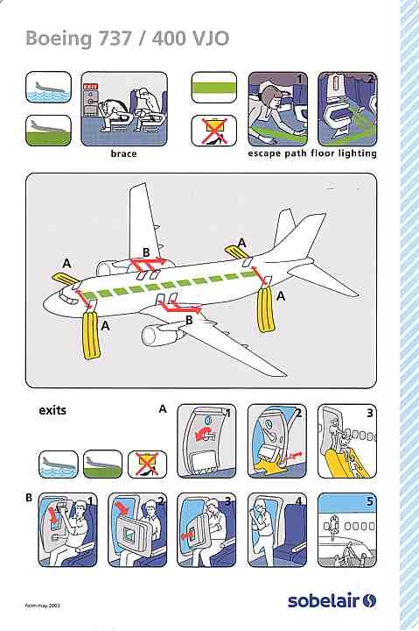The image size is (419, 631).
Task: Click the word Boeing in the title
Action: coord(59,39)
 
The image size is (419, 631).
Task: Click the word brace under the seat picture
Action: coord(123,153)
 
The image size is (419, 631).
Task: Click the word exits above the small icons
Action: coord(52,410)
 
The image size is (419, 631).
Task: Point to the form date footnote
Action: coord(42,606)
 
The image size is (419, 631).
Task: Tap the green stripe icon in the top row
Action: coord(213,88)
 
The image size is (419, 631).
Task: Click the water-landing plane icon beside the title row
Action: coord(48,87)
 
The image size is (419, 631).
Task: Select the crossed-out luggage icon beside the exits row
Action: coord(147,464)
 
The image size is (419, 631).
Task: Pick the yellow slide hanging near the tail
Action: coord(266,308)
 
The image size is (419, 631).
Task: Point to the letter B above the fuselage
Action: coord(146,252)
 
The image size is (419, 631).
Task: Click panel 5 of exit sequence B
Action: coord(347,530)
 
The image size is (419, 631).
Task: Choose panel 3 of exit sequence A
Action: coord(347,441)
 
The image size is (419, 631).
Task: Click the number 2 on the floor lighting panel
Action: coord(370,79)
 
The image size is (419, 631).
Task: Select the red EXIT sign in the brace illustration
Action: coord(90,87)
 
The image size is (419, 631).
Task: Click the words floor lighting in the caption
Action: coord(344,153)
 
